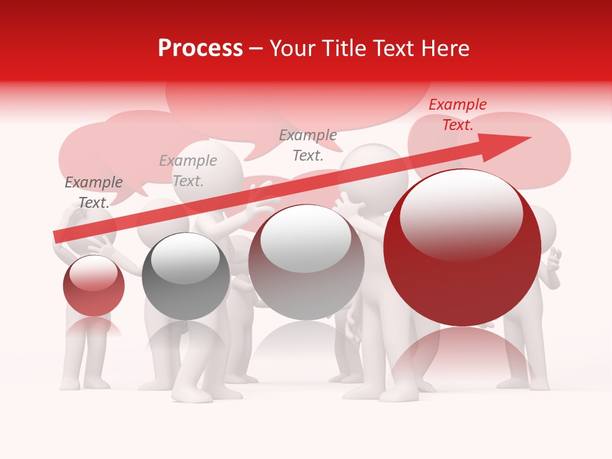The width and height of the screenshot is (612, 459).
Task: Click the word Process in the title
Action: point(200,48)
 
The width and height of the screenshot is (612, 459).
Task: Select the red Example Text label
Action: point(458,115)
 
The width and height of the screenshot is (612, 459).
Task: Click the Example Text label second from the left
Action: point(188,171)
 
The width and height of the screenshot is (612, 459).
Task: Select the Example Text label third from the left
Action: point(308,145)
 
